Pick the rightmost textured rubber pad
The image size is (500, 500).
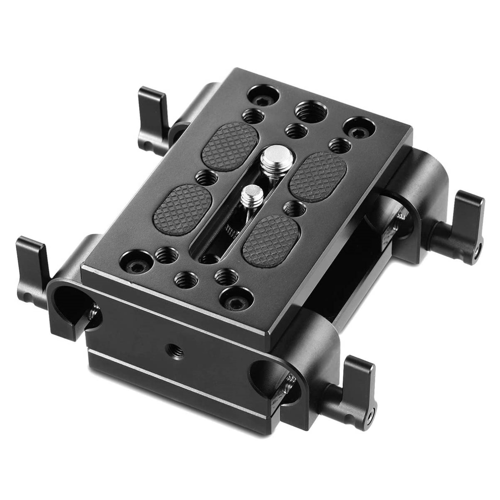click(318, 172)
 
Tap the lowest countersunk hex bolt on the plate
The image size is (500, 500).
click(232, 297)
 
